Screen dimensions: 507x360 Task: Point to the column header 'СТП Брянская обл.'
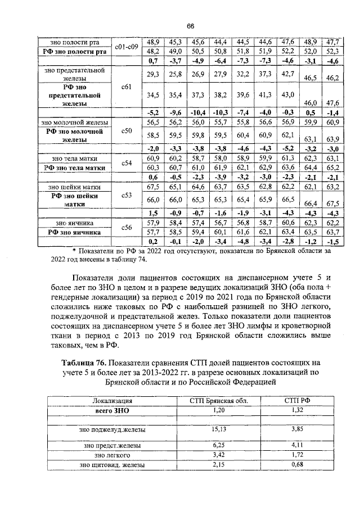(214, 401)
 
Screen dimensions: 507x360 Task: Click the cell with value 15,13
(214, 429)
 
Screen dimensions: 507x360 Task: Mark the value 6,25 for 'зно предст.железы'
(214, 445)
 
